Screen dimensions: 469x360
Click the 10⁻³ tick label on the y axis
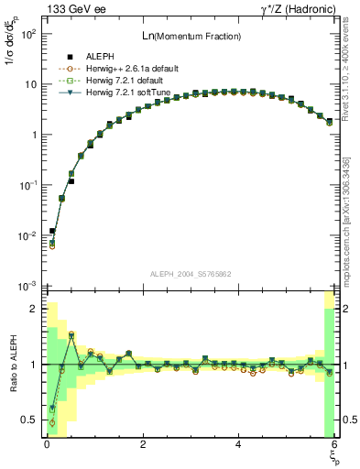coord(27,287)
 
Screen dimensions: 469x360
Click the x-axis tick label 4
coord(239,444)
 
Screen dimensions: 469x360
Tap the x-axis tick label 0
coord(47,444)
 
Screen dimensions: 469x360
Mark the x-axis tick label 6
coord(334,444)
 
